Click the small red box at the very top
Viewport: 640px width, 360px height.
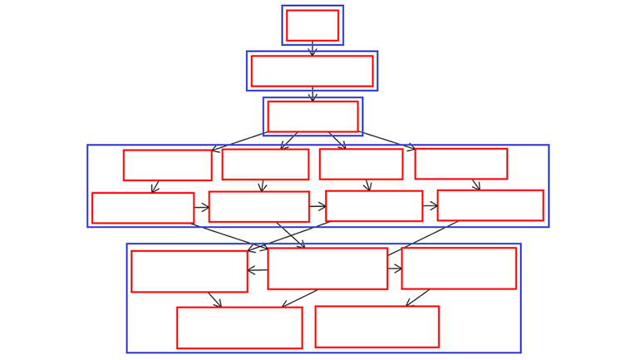coord(313,25)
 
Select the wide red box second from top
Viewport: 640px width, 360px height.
coord(312,71)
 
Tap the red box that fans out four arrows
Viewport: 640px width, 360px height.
coord(313,116)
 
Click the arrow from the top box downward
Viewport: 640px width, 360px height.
coord(313,48)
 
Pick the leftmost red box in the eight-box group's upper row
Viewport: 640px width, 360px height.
coord(167,165)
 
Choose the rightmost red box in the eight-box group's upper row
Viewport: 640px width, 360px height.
coord(460,164)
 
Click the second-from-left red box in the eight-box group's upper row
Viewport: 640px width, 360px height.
coord(265,164)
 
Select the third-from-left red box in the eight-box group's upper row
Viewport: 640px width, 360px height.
coord(361,164)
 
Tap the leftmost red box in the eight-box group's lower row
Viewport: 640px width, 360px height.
coord(143,208)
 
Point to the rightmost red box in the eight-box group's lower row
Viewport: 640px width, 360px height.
coord(490,205)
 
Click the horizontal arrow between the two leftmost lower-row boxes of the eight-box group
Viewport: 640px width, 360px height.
coord(201,207)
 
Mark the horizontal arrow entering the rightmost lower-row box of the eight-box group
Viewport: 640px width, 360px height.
coord(430,205)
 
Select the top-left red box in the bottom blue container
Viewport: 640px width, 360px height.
coord(190,271)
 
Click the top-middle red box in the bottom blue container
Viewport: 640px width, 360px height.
coord(327,269)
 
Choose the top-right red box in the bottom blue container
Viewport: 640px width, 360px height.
coord(459,269)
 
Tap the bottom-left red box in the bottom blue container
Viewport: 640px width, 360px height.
coord(239,328)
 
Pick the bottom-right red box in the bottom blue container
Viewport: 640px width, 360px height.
coord(377,327)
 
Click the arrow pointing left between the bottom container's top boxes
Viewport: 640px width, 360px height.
coord(258,270)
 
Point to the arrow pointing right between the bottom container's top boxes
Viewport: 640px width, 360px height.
coord(395,269)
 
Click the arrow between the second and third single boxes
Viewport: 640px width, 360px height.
coord(313,94)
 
